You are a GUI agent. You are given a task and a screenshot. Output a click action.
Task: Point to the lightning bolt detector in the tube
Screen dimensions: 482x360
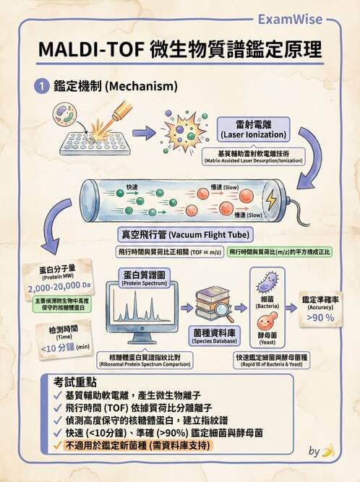pos(274,199)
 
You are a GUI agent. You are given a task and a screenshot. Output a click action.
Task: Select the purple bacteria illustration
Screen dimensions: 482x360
pos(266,283)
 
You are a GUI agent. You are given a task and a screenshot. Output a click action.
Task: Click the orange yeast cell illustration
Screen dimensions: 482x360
pos(265,323)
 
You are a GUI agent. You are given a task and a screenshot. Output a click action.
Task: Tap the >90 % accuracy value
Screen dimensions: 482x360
pos(320,317)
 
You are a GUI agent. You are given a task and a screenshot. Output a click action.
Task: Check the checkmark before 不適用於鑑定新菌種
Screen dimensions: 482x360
pos(57,445)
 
